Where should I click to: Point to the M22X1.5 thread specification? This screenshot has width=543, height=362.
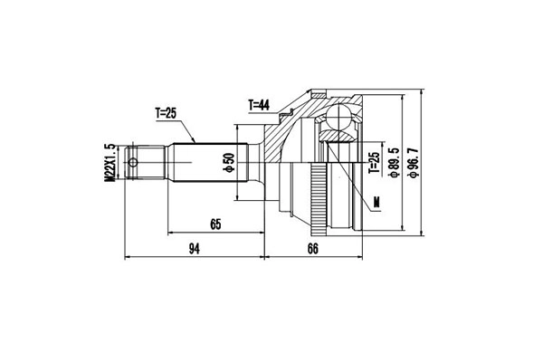(110, 163)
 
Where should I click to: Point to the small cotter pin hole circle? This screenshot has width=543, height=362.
(134, 164)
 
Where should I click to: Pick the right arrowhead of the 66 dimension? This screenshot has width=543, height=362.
(364, 257)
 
